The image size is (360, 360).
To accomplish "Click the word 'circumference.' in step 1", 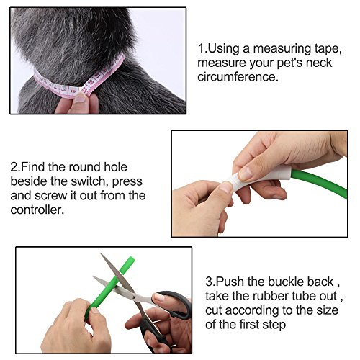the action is click(238, 77).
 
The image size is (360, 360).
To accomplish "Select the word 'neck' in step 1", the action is click(319, 63).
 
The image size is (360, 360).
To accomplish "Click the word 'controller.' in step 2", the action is click(37, 210).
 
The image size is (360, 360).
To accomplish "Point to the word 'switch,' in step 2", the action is click(89, 181).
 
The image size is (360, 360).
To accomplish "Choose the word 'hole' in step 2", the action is click(115, 167).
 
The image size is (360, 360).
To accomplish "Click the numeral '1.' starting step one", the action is click(202, 48).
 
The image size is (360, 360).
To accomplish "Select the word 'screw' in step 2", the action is click(50, 196).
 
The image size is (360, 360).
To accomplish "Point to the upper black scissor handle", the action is click(176, 304).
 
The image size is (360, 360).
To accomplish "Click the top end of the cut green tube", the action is click(131, 259).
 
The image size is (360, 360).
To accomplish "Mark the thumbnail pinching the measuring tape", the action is click(80, 97).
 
